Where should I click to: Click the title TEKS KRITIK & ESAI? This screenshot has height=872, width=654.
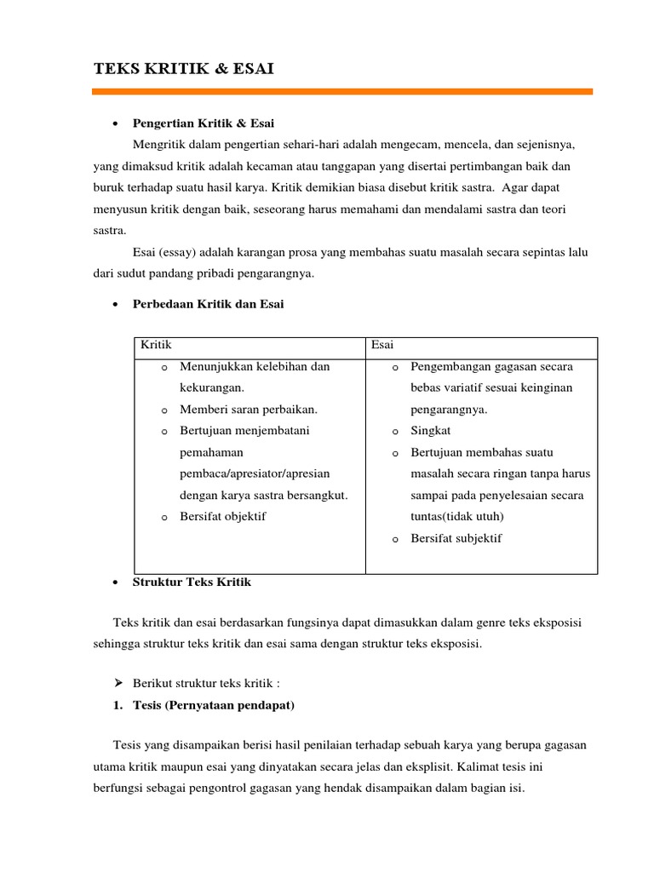(x=183, y=69)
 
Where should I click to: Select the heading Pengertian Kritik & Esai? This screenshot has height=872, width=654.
(x=204, y=123)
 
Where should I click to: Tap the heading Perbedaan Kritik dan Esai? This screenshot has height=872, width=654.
(x=208, y=304)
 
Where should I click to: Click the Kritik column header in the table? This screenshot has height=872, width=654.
(x=156, y=345)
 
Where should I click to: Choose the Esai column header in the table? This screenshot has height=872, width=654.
(x=382, y=345)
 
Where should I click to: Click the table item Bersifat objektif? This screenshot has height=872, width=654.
(x=223, y=516)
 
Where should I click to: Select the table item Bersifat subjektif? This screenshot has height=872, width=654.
(x=456, y=538)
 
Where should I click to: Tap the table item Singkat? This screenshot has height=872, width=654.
(x=430, y=431)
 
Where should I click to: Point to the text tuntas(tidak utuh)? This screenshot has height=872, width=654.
(x=456, y=516)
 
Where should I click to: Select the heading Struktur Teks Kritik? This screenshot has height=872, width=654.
(x=192, y=582)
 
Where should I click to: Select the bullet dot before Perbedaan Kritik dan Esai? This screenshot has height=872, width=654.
(x=115, y=305)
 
